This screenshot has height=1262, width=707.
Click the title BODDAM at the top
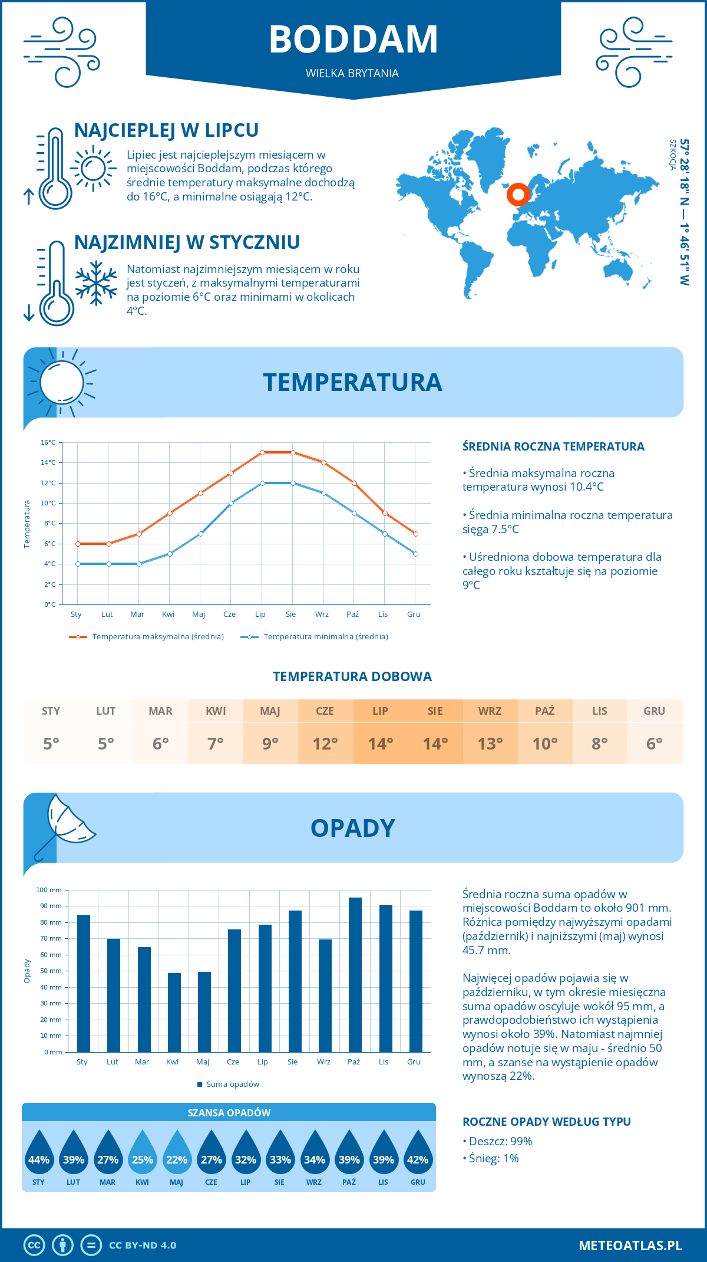click(353, 40)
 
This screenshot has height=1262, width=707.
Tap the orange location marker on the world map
click(518, 194)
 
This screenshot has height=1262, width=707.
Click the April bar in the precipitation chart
click(174, 1013)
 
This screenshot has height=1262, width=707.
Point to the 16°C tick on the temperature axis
click(48, 442)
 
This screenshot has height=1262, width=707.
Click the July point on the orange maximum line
click(262, 452)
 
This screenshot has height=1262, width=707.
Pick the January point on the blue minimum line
click(78, 564)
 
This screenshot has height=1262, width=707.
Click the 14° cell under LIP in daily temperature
click(380, 744)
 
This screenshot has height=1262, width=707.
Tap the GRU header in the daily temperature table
click(654, 711)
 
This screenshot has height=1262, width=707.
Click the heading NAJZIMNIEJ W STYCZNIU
click(187, 242)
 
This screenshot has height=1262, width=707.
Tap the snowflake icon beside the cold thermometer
click(96, 283)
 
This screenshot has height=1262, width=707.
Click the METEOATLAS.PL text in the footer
click(630, 1245)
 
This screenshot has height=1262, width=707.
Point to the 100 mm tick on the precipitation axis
click(49, 890)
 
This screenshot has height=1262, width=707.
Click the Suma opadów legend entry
click(232, 1084)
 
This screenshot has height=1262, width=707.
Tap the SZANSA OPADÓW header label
click(229, 1113)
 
